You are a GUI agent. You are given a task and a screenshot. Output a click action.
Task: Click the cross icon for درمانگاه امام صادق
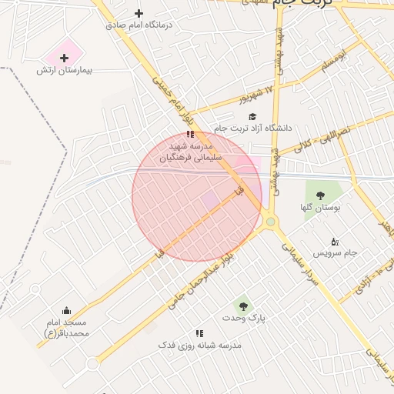click(139, 13)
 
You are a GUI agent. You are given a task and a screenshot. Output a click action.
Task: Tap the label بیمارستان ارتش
click(64, 70)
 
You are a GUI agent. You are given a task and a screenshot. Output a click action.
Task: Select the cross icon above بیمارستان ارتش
click(64, 58)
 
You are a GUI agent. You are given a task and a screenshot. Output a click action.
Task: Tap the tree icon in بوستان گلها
click(320, 195)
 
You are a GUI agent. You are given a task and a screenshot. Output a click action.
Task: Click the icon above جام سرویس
click(334, 242)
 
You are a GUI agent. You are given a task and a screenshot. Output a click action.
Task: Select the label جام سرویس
click(335, 252)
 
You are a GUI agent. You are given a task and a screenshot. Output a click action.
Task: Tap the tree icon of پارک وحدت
click(243, 306)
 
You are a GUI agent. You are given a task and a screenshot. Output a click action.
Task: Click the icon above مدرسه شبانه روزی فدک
click(199, 333)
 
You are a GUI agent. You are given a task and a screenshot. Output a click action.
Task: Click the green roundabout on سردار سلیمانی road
click(271, 222)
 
